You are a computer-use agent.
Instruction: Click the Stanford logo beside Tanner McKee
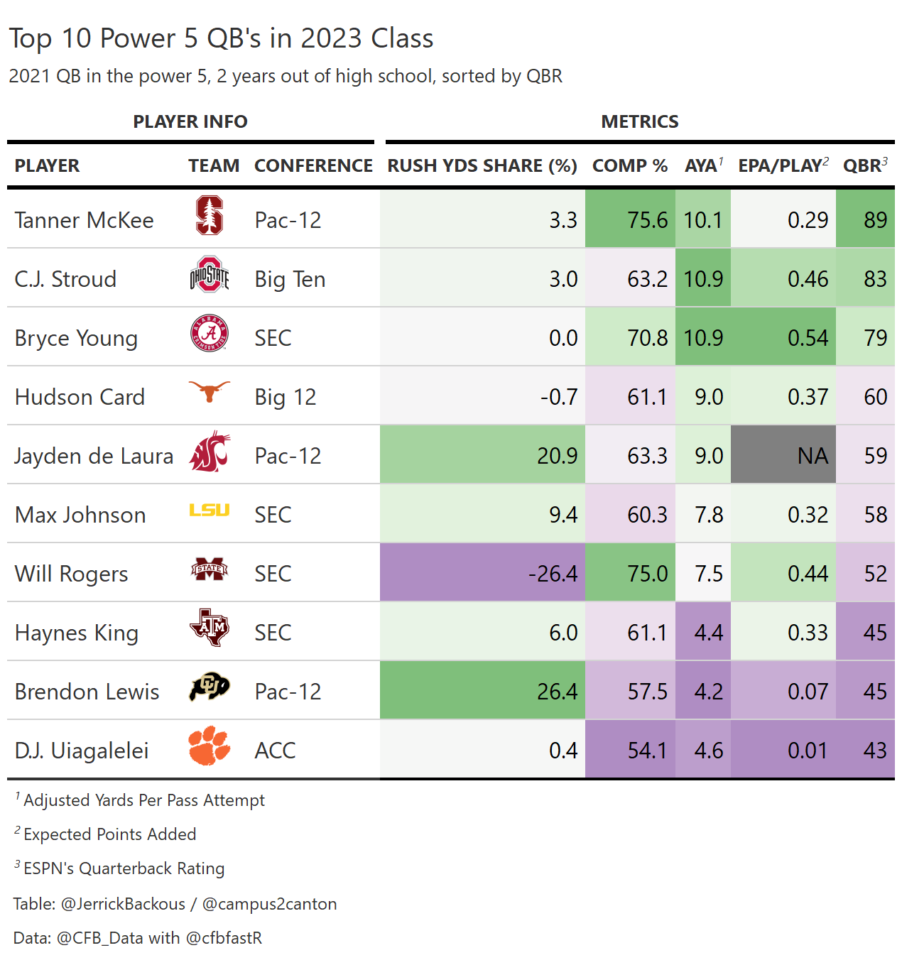[x=210, y=216]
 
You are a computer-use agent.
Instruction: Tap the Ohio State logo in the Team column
[x=210, y=275]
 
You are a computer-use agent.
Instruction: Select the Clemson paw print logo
[x=210, y=746]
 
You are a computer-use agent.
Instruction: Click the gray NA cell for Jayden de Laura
[x=783, y=455]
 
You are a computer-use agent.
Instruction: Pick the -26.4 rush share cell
[x=482, y=573]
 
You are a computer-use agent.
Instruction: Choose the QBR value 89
[x=875, y=219]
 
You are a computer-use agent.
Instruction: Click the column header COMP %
[x=630, y=165]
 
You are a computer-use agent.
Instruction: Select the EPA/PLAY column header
[x=783, y=165]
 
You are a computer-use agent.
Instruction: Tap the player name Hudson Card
[x=80, y=396]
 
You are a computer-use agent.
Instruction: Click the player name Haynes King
[x=77, y=633]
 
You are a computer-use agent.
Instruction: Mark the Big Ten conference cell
[x=290, y=279]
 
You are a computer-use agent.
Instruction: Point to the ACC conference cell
[x=275, y=750]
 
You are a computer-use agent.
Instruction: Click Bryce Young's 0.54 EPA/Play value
[x=808, y=337]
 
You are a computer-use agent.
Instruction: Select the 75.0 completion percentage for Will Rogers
[x=647, y=573]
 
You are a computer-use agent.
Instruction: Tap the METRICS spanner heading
[x=640, y=121]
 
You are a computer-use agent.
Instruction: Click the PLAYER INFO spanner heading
[x=190, y=121]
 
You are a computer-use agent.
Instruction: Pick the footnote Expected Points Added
[x=110, y=834]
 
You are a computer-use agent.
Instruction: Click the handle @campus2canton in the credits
[x=269, y=904]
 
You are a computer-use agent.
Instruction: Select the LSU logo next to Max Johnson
[x=210, y=510]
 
